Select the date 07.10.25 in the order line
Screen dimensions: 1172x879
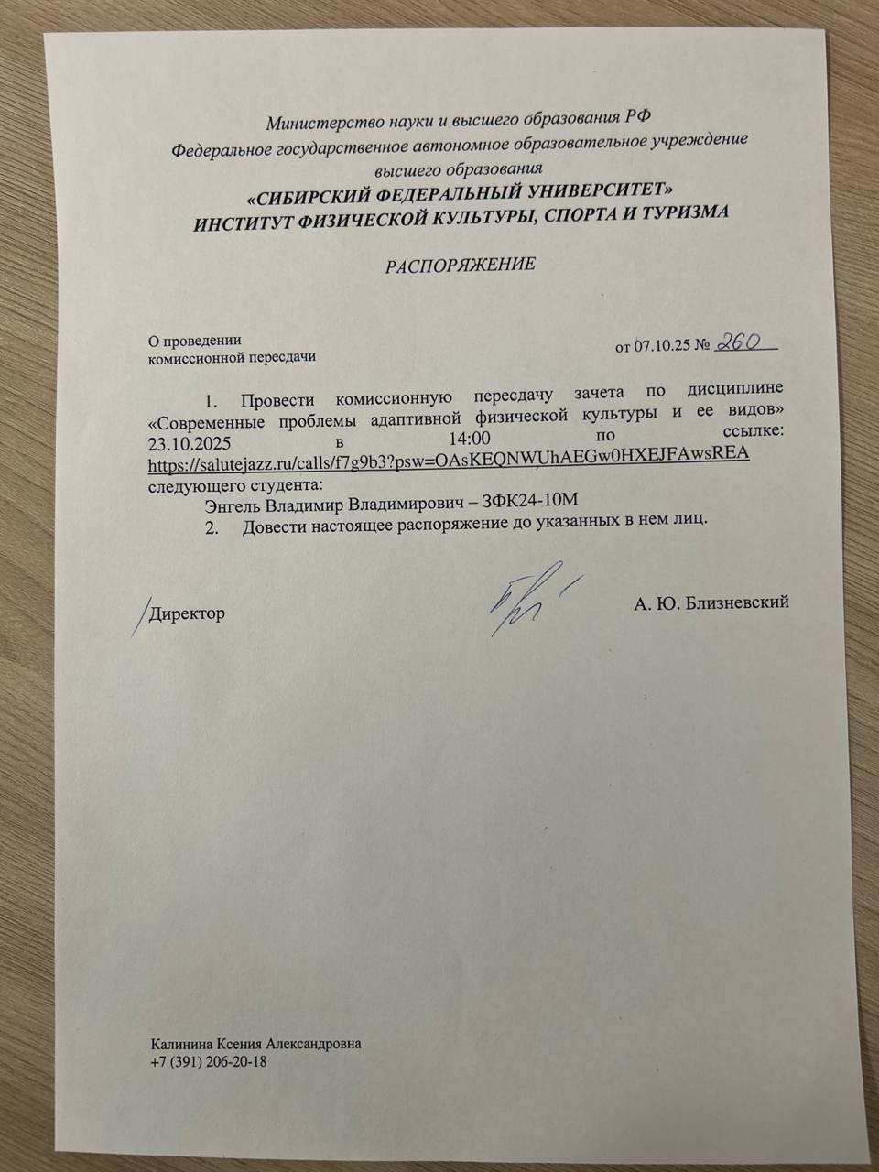point(662,347)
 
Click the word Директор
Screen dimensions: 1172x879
point(188,613)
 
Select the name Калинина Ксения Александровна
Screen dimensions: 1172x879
point(255,1044)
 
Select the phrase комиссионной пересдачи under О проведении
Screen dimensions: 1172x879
point(233,357)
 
